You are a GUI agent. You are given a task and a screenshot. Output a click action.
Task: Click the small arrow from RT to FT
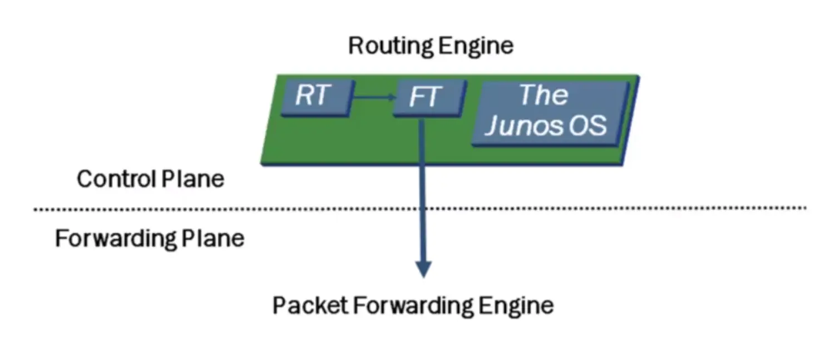tap(374, 98)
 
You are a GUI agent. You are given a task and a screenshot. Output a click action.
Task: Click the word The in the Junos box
tap(544, 95)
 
